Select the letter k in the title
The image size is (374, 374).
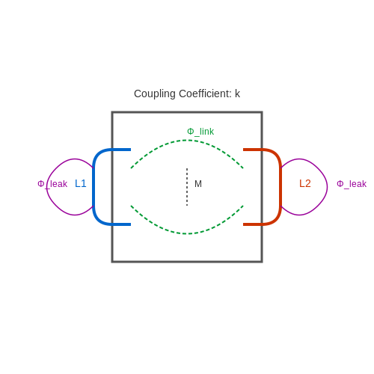(x=237, y=93)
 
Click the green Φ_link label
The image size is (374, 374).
(x=200, y=132)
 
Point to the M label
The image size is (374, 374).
(x=198, y=184)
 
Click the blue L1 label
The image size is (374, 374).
(x=81, y=184)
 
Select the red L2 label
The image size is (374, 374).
(x=305, y=184)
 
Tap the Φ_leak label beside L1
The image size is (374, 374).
(x=52, y=184)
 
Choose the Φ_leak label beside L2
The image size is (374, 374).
(x=352, y=184)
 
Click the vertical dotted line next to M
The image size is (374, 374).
(x=187, y=187)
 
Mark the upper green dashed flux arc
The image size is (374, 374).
(x=187, y=141)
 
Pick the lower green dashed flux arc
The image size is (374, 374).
(x=187, y=233)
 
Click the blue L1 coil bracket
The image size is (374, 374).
(x=93, y=187)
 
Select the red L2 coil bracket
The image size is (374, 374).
(x=280, y=187)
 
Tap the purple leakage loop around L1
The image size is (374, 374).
(x=47, y=187)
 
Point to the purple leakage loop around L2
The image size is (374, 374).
(x=327, y=187)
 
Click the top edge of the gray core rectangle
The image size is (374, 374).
(x=187, y=112)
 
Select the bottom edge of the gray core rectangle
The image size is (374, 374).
(x=187, y=262)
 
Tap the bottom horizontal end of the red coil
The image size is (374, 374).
(x=252, y=224)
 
